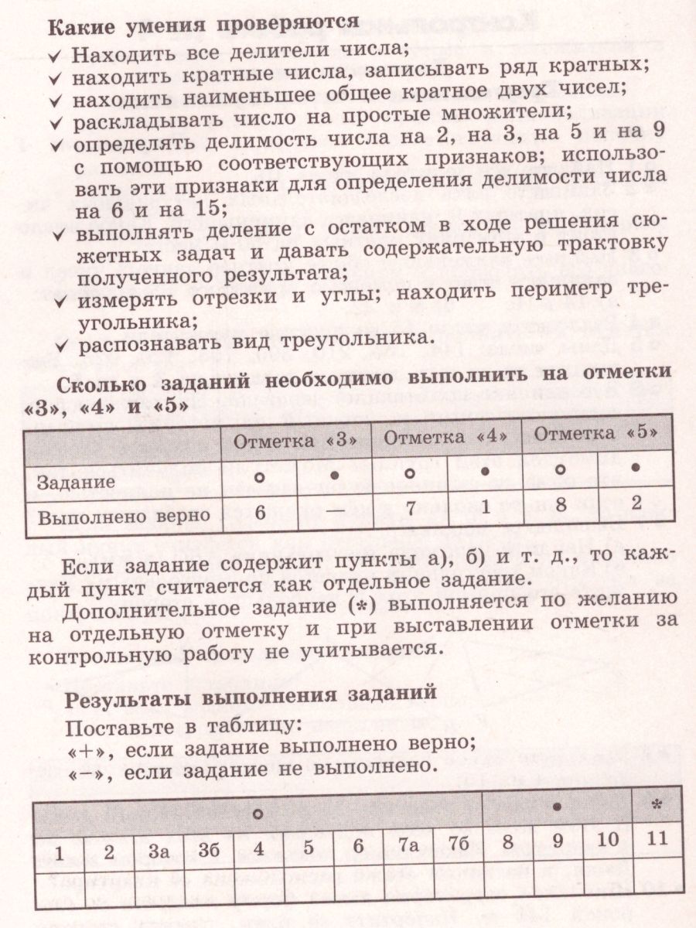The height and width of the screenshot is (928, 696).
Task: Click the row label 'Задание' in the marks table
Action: pyautogui.click(x=77, y=481)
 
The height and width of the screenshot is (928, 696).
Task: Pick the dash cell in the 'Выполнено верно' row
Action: pyautogui.click(x=335, y=512)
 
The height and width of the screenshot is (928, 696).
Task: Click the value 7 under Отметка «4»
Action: pyautogui.click(x=410, y=510)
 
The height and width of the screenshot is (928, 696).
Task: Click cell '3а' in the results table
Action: pyautogui.click(x=159, y=851)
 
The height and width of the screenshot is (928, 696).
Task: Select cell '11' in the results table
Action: pyautogui.click(x=657, y=839)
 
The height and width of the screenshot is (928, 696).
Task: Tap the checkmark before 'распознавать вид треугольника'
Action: pyautogui.click(x=60, y=340)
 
